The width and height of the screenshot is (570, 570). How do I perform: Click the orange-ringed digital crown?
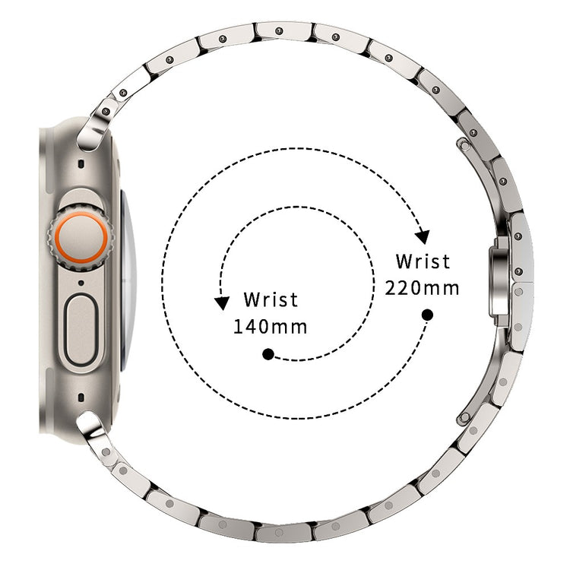tap(81, 239)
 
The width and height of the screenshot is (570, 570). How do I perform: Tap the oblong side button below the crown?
tap(81, 330)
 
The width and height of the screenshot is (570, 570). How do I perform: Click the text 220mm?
tap(422, 288)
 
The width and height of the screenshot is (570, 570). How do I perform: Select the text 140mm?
tap(270, 327)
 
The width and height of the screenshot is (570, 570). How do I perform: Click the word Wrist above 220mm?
tap(423, 261)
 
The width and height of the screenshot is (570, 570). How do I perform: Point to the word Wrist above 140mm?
tap(271, 299)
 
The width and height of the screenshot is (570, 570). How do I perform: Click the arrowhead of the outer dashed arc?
tap(423, 236)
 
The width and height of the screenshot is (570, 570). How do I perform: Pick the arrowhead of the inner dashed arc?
tap(221, 302)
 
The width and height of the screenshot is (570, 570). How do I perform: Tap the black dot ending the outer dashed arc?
tap(427, 315)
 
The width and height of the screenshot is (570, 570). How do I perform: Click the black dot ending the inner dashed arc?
tap(268, 354)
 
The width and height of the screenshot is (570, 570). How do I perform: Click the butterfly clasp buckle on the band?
tap(499, 281)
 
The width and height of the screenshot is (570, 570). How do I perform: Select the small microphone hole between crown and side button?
tap(81, 283)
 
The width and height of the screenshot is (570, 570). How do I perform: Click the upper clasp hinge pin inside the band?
tap(464, 145)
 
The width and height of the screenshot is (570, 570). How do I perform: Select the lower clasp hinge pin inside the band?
tap(464, 417)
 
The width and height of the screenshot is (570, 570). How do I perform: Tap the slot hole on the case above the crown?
tap(81, 164)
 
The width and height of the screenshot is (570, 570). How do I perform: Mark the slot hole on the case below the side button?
tap(81, 397)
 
